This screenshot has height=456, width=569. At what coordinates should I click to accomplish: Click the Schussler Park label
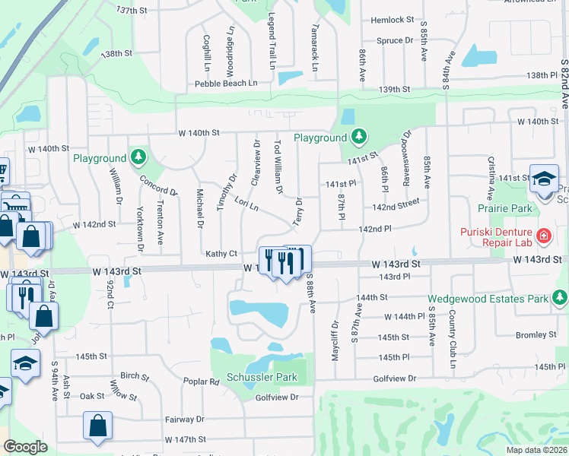click(x=261, y=377)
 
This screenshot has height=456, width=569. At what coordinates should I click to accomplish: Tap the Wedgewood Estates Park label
click(x=488, y=299)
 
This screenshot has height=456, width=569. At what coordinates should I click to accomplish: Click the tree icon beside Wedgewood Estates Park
click(x=561, y=297)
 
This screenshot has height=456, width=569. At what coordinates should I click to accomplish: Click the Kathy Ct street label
click(x=221, y=253)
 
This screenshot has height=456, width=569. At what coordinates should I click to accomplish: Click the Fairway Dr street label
click(x=185, y=419)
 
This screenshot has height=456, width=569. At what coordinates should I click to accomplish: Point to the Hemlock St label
click(x=393, y=20)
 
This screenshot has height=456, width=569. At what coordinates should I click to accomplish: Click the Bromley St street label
click(x=536, y=334)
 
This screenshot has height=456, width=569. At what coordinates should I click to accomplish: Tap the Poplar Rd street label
click(x=201, y=381)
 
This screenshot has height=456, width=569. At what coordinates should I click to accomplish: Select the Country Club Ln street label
click(x=452, y=328)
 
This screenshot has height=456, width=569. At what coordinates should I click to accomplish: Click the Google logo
click(x=25, y=447)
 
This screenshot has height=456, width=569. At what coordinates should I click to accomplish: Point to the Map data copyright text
click(x=537, y=450)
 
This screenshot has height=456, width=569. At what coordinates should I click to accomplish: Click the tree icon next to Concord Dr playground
click(x=138, y=157)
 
